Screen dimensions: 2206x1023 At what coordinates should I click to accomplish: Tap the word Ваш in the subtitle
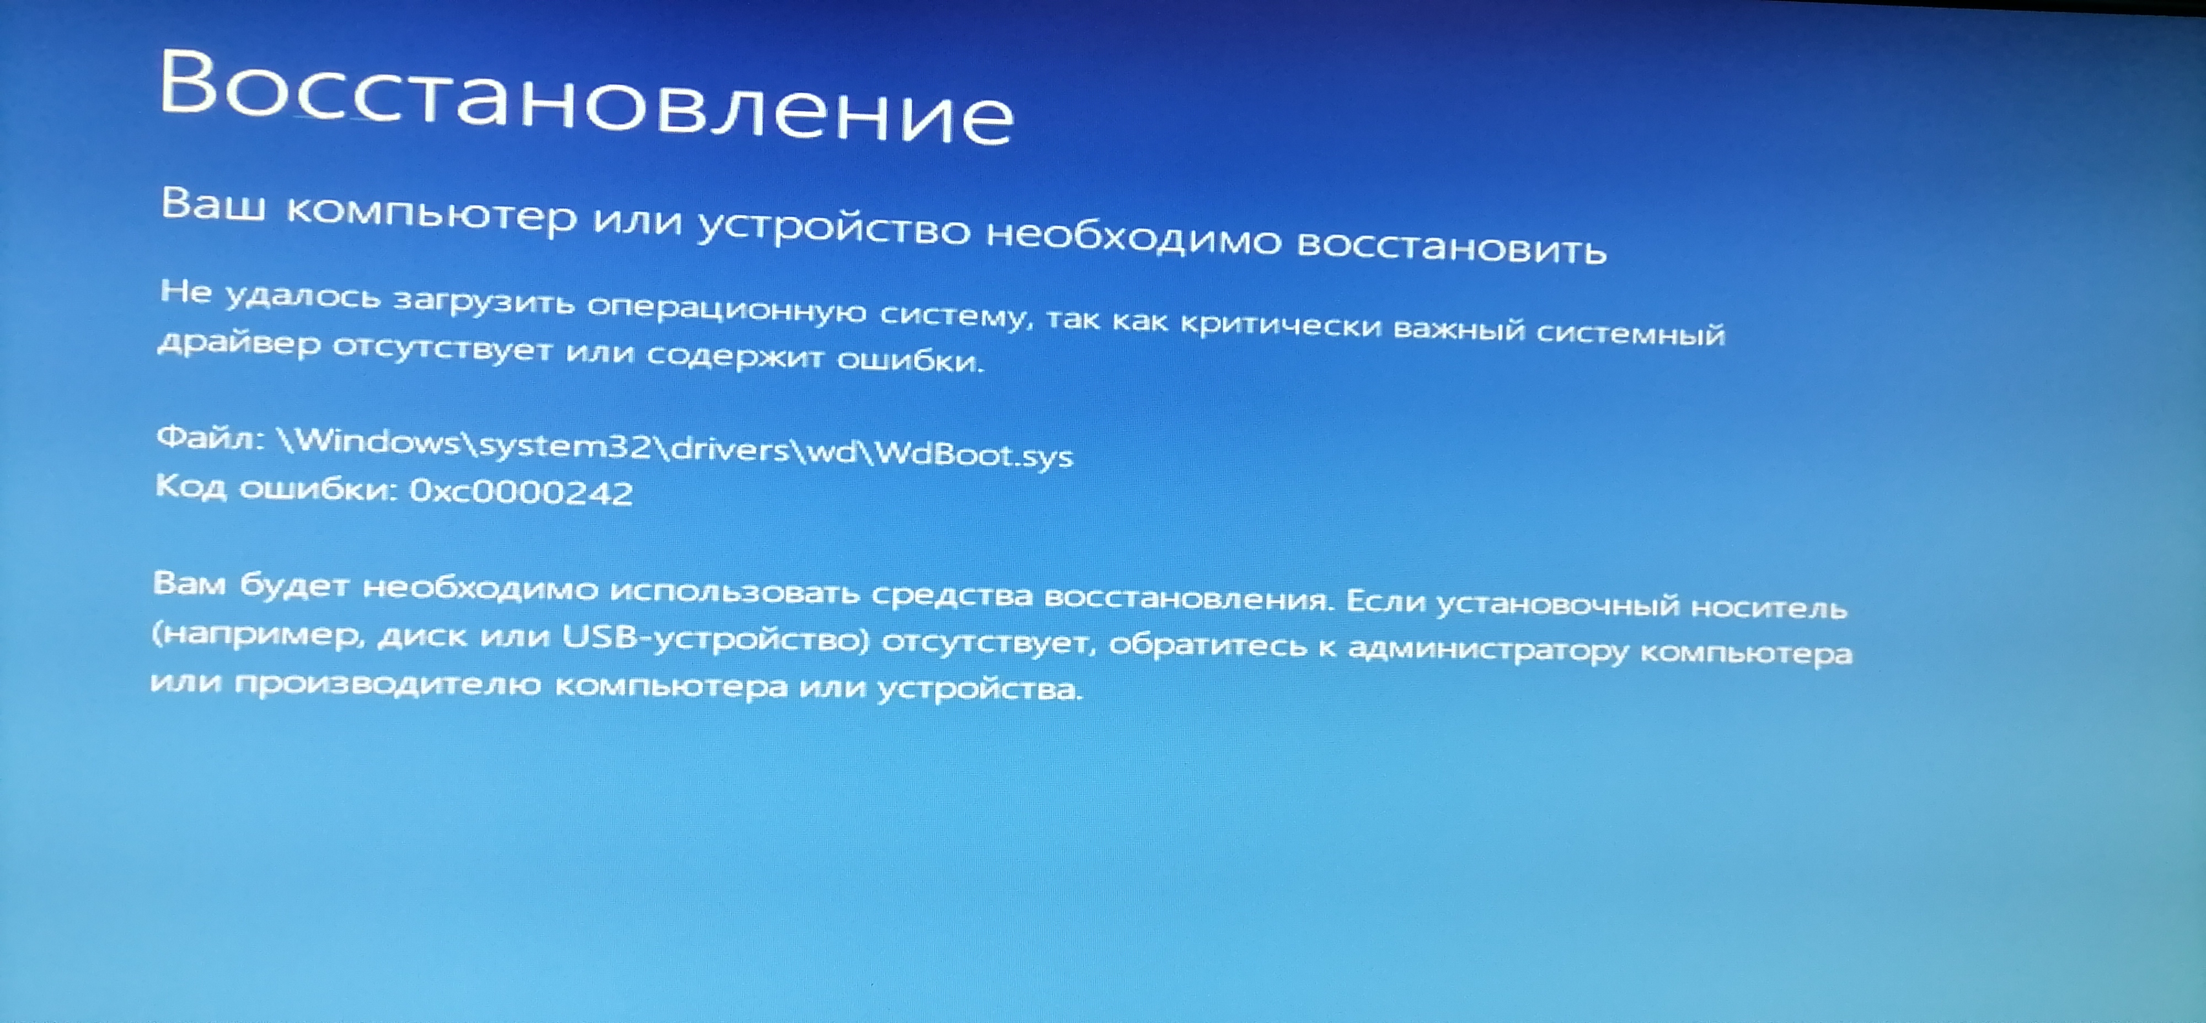click(x=213, y=204)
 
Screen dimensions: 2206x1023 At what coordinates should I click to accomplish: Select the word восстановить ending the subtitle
click(x=1452, y=246)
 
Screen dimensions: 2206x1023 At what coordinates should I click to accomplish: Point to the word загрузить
click(x=484, y=301)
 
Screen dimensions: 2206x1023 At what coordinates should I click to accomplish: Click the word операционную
click(x=726, y=309)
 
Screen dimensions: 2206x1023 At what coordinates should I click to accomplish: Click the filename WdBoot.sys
click(x=973, y=454)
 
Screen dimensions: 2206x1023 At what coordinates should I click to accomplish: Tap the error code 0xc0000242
click(x=521, y=492)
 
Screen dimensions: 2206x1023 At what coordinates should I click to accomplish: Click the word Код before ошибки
click(x=190, y=486)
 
